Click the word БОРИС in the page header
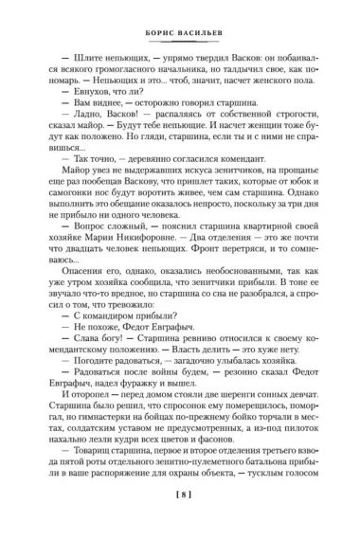click(x=154, y=28)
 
